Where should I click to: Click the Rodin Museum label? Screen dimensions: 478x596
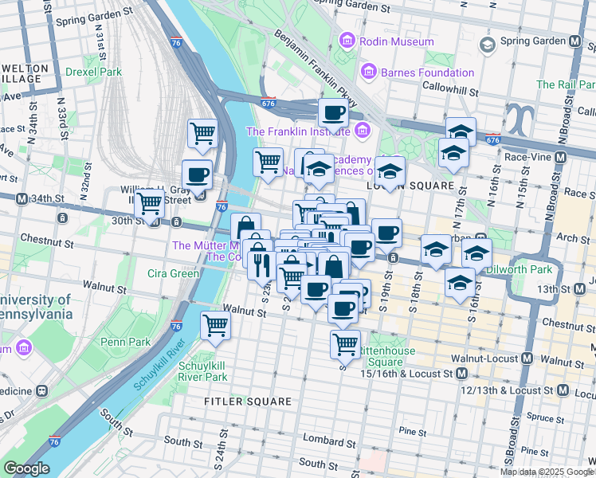tap(396, 41)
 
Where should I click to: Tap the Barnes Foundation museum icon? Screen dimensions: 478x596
tap(368, 72)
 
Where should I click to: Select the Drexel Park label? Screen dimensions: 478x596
tap(93, 72)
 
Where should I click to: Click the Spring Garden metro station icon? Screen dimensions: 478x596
tap(575, 41)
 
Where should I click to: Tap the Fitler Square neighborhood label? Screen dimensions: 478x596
tap(247, 402)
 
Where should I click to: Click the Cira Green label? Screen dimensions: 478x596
tap(173, 273)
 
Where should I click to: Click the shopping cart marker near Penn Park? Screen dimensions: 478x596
tap(215, 324)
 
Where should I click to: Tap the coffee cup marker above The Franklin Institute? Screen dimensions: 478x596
tap(333, 112)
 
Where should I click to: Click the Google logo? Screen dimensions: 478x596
tap(26, 468)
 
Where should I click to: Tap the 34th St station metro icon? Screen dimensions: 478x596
tap(22, 198)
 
